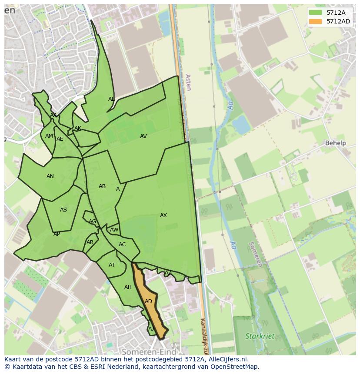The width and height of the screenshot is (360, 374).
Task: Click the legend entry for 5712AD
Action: pyautogui.click(x=338, y=21)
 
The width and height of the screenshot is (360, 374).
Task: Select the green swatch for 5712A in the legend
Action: pyautogui.click(x=315, y=13)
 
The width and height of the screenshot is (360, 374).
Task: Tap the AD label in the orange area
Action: pyautogui.click(x=148, y=301)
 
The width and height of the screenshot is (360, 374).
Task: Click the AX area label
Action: pyautogui.click(x=163, y=215)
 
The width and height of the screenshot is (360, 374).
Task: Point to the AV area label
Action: pyautogui.click(x=143, y=136)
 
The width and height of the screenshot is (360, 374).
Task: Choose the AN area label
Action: pyautogui.click(x=50, y=176)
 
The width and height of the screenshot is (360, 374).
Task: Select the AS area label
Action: pyautogui.click(x=63, y=210)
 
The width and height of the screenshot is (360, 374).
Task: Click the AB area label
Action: pyautogui.click(x=102, y=186)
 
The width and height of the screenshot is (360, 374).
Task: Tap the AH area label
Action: pyautogui.click(x=128, y=287)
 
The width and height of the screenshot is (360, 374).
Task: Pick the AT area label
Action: pyautogui.click(x=112, y=265)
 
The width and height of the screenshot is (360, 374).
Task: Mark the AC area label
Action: pyautogui.click(x=122, y=245)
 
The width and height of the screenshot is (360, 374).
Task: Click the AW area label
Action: pyautogui.click(x=114, y=230)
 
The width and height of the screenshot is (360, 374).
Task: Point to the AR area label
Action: pyautogui.click(x=90, y=242)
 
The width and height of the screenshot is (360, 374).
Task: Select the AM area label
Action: pyautogui.click(x=49, y=136)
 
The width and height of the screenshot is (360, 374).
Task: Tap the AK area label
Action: pyautogui.click(x=78, y=128)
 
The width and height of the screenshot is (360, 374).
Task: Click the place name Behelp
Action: pyautogui.click(x=335, y=143)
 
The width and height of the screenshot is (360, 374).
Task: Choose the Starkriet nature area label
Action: pyautogui.click(x=260, y=336)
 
